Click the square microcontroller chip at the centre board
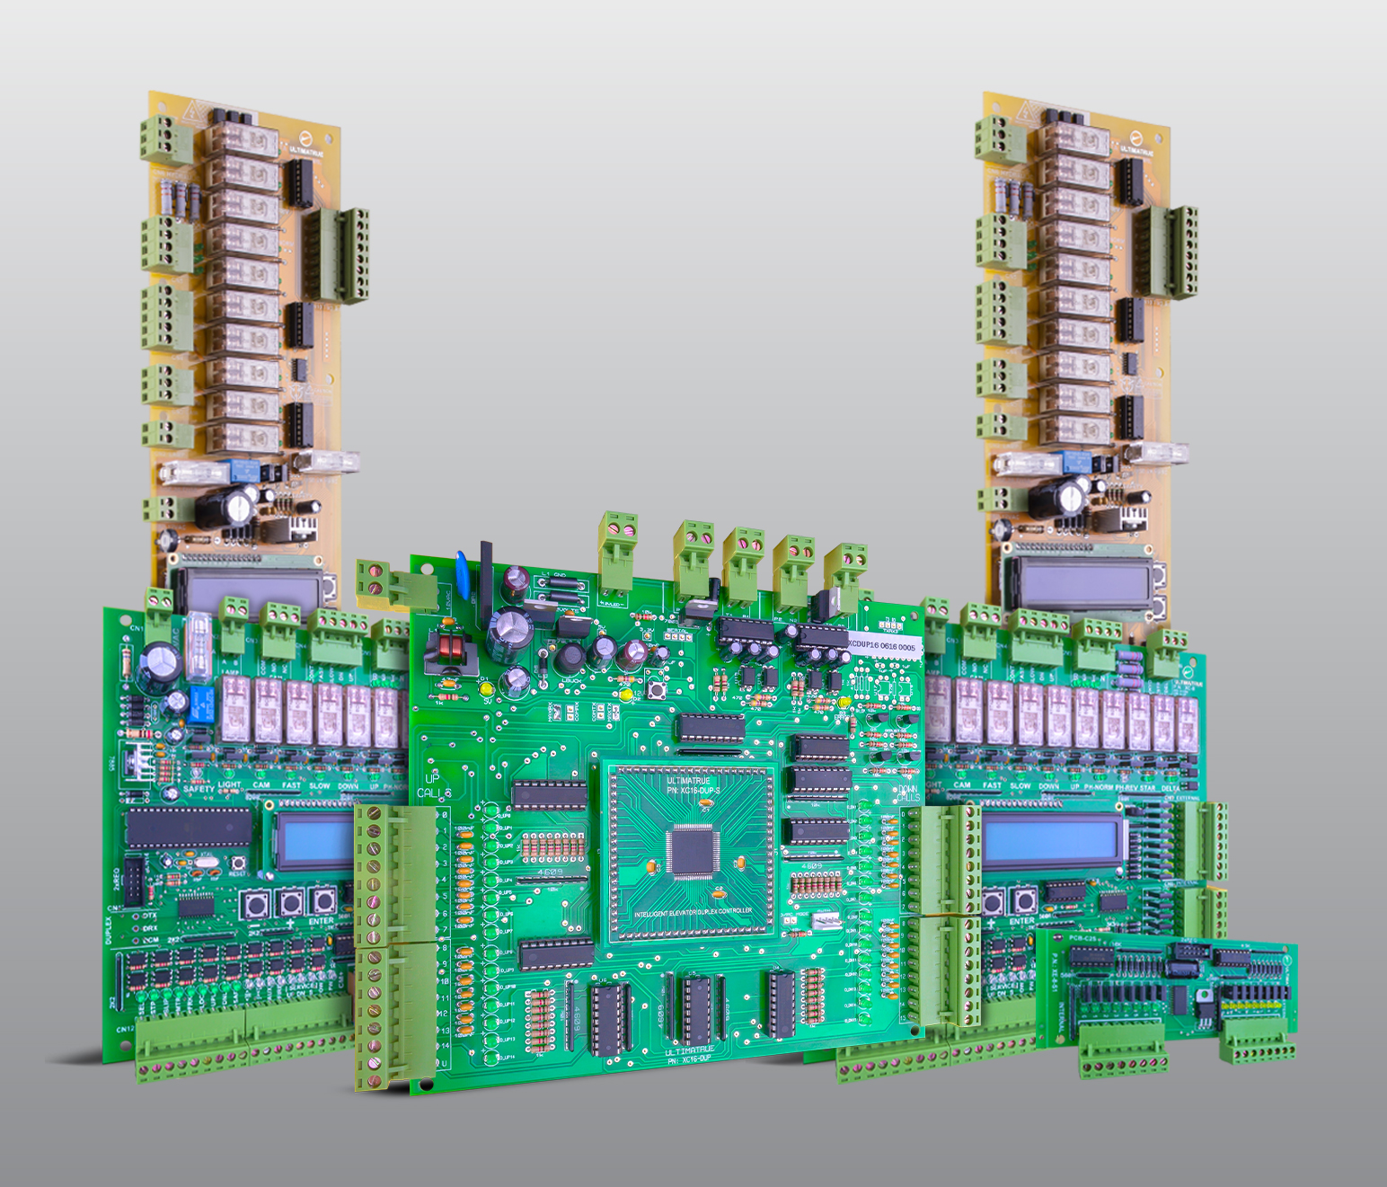691,850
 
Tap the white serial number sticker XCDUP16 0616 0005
882,646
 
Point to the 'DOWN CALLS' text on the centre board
907,793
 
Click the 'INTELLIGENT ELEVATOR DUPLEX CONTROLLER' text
693,912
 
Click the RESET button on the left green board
239,864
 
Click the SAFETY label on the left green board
199,789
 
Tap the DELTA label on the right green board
1171,788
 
